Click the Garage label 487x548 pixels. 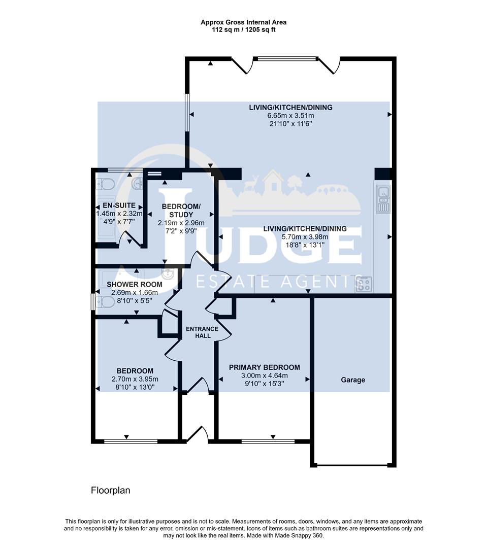[352, 380]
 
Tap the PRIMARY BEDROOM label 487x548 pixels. [264, 367]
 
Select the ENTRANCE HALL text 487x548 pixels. [202, 332]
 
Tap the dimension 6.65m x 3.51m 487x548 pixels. [290, 116]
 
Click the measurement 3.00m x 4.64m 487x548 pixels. [264, 376]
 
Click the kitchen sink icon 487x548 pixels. [382, 199]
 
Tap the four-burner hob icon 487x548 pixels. [364, 285]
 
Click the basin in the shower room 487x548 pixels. [170, 275]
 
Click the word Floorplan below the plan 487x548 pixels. [110, 490]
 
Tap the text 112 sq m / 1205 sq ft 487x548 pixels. [243, 30]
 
